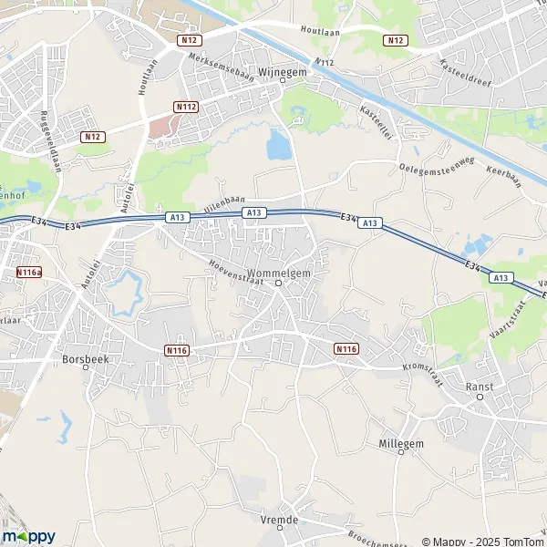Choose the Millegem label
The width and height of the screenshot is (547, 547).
pyautogui.click(x=400, y=443)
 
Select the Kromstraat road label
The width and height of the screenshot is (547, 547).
pyautogui.click(x=423, y=374)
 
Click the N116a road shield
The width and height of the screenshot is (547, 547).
pyautogui.click(x=28, y=273)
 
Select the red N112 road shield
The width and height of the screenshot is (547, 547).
pyautogui.click(x=186, y=107)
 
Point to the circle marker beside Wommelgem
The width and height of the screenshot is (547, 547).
pyautogui.click(x=279, y=282)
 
